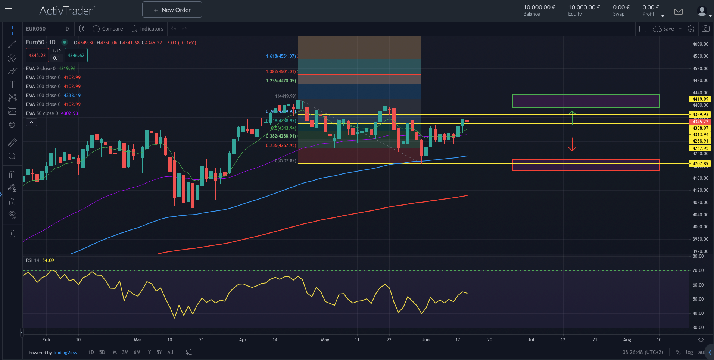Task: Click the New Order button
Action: pyautogui.click(x=172, y=10)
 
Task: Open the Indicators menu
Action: pyautogui.click(x=147, y=29)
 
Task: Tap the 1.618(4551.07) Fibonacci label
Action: pyautogui.click(x=281, y=56)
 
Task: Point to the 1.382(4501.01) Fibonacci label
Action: pyautogui.click(x=281, y=72)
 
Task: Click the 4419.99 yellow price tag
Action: pyautogui.click(x=700, y=99)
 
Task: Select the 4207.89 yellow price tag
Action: pyautogui.click(x=700, y=164)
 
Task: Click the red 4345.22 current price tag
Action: pyautogui.click(x=700, y=122)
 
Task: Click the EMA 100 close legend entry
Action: pyautogui.click(x=53, y=96)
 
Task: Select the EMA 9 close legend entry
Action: pyautogui.click(x=50, y=69)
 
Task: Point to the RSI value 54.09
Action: pyautogui.click(x=48, y=260)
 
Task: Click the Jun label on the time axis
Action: pyautogui.click(x=425, y=340)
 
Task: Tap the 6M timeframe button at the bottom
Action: pyautogui.click(x=137, y=352)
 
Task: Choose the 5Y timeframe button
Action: pyautogui.click(x=159, y=352)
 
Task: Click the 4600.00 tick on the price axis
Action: pyautogui.click(x=700, y=44)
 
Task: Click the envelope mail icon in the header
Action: pyautogui.click(x=679, y=12)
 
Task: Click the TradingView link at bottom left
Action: pyautogui.click(x=65, y=353)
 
